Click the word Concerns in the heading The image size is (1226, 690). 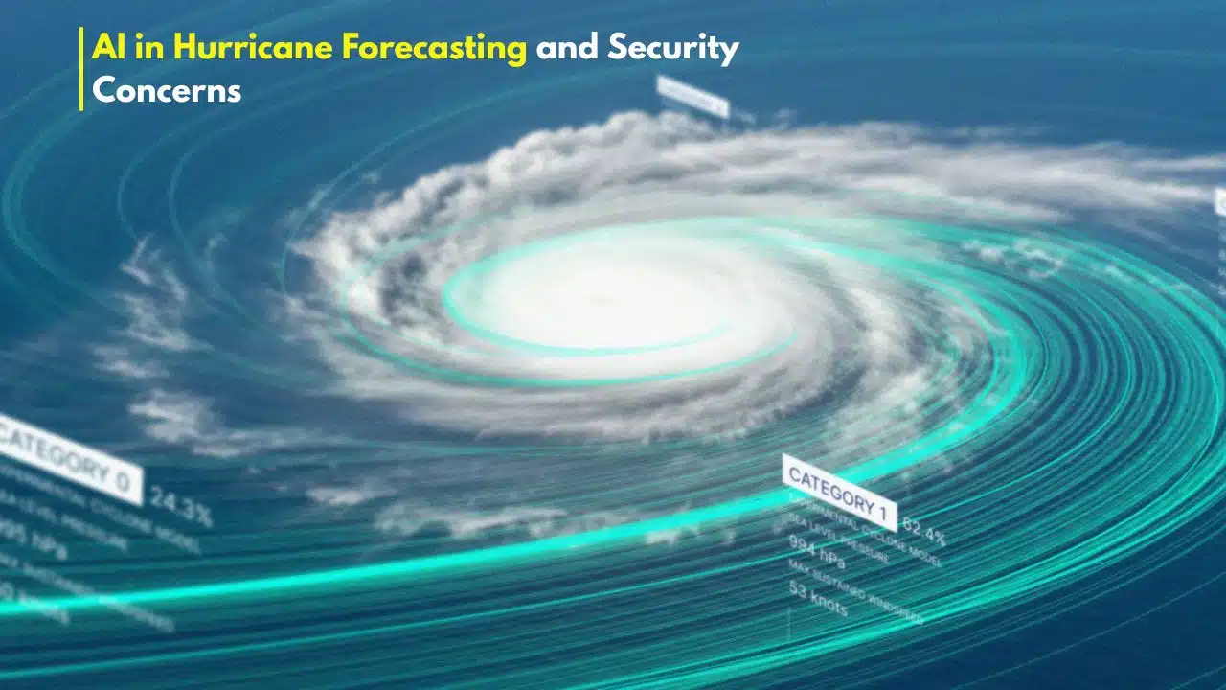pyautogui.click(x=166, y=90)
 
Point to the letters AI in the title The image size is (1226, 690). pyautogui.click(x=106, y=48)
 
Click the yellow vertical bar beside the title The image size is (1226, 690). pyautogui.click(x=81, y=69)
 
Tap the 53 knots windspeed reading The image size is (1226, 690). pyautogui.click(x=817, y=598)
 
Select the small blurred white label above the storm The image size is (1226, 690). pyautogui.click(x=692, y=96)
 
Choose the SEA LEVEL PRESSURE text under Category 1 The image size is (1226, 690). pyautogui.click(x=838, y=538)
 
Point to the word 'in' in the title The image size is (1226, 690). pyautogui.click(x=135, y=48)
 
